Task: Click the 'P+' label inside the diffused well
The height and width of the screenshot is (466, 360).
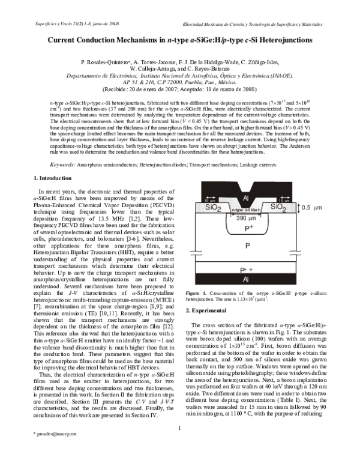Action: pos(244,228)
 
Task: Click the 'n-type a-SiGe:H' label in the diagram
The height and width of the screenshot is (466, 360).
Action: pos(243,210)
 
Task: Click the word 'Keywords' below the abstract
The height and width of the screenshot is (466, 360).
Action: pos(62,163)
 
